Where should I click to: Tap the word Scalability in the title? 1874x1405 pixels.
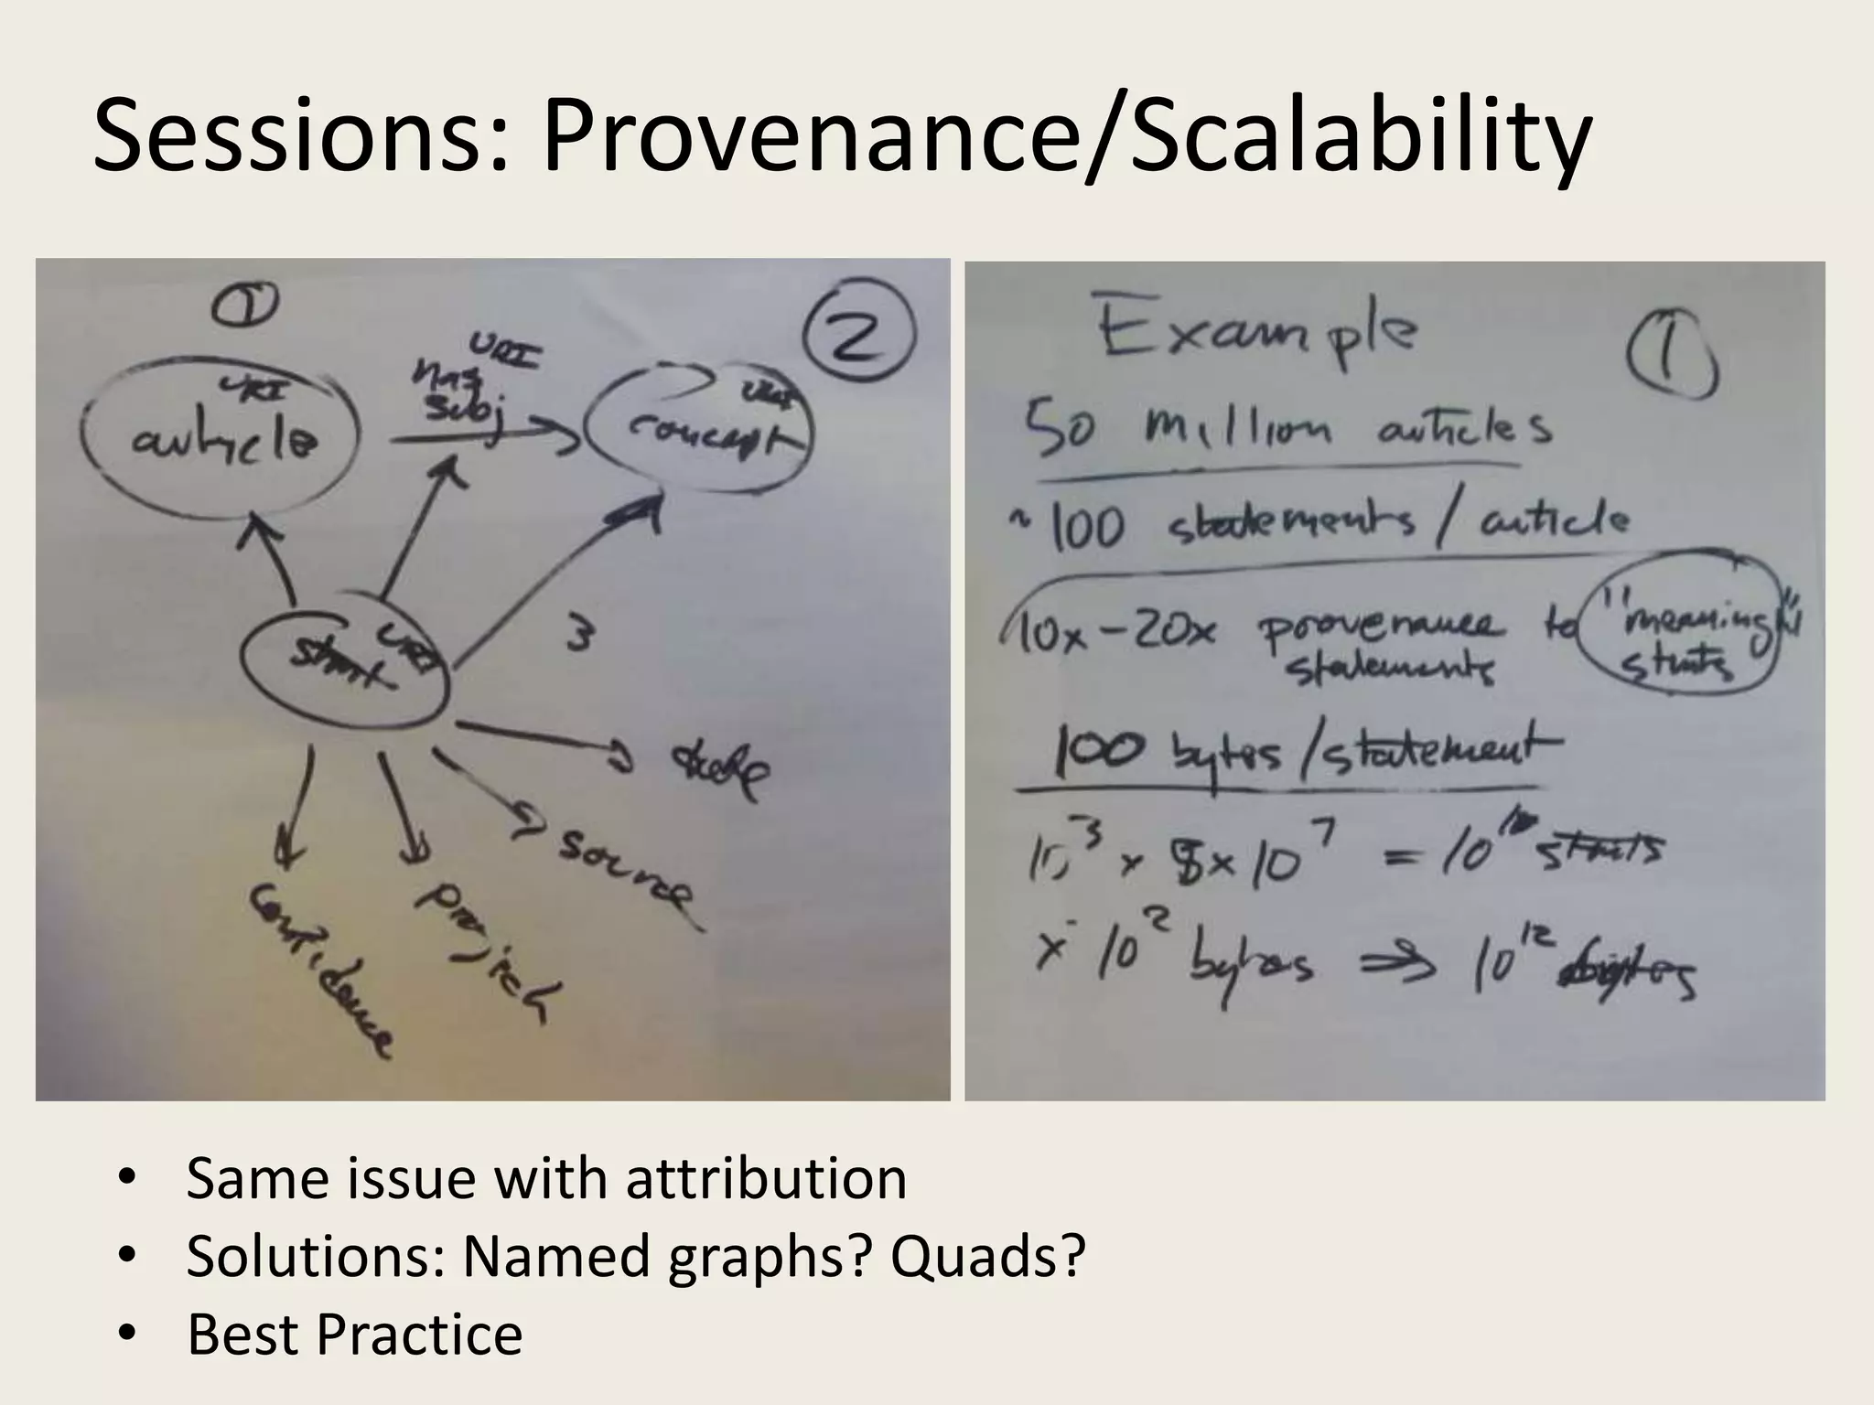pyautogui.click(x=1361, y=139)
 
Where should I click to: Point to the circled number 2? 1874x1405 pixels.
pyautogui.click(x=857, y=335)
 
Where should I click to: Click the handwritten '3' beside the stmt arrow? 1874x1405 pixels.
pyautogui.click(x=577, y=635)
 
